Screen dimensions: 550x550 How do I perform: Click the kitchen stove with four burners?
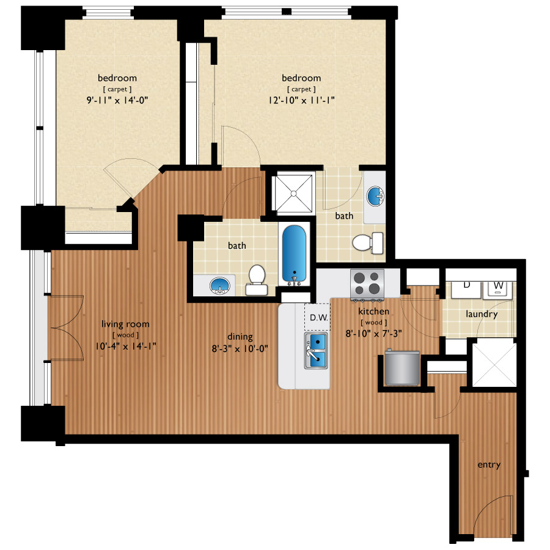click(367, 285)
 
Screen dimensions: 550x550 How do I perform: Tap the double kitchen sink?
click(316, 350)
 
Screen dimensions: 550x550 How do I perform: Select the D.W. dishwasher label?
click(319, 317)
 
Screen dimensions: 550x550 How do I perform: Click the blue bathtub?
click(294, 254)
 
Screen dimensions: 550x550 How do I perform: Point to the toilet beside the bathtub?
click(257, 280)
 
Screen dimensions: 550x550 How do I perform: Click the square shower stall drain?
click(294, 194)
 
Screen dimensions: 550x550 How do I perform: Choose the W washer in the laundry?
click(497, 290)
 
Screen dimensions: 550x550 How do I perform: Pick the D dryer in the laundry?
click(466, 288)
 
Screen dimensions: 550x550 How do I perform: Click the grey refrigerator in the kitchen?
click(402, 367)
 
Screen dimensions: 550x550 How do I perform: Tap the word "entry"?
click(489, 465)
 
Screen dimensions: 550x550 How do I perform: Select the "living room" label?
click(125, 324)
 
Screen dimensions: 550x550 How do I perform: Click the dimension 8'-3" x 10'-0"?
click(240, 349)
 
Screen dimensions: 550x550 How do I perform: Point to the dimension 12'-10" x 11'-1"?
click(301, 100)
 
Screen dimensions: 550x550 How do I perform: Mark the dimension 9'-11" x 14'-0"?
click(117, 100)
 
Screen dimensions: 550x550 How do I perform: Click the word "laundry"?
click(482, 314)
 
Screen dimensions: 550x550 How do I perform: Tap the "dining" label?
click(240, 337)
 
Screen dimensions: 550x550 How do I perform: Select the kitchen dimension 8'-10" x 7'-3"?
click(373, 334)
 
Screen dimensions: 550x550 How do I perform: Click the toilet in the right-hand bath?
click(367, 243)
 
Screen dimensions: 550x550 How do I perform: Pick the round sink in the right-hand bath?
click(375, 196)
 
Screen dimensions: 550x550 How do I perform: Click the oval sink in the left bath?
click(219, 285)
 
